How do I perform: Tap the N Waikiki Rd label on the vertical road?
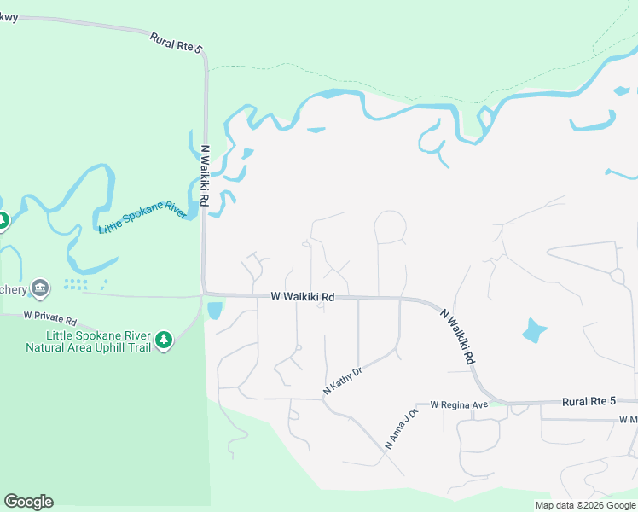coord(205,175)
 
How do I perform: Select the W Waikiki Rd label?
coord(302,297)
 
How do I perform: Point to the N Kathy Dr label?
coord(343,381)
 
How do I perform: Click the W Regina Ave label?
coord(459,404)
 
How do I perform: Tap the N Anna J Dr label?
coord(402,429)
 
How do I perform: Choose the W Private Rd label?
coord(50,318)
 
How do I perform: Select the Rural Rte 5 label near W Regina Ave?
coord(589,401)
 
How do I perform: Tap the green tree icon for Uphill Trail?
coord(164,340)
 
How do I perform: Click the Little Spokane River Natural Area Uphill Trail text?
coord(89,340)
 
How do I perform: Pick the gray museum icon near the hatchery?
coord(40,288)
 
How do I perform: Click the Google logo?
coord(28,502)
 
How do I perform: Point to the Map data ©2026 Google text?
coord(584,505)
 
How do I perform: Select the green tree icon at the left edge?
coord(3,221)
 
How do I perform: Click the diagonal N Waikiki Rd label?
coord(458,338)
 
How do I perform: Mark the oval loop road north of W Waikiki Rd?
coord(391,226)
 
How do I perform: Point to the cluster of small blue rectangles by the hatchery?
coord(84,283)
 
